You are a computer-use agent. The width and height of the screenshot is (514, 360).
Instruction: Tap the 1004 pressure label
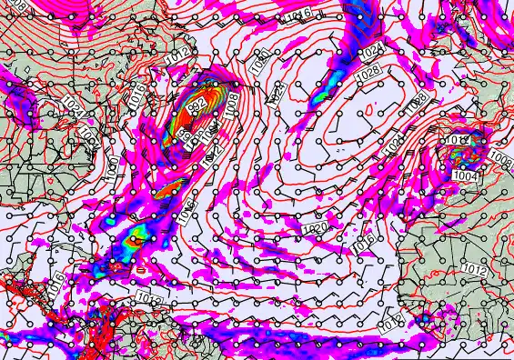coord(464,175)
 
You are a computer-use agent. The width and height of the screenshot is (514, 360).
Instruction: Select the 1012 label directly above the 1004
coord(457,139)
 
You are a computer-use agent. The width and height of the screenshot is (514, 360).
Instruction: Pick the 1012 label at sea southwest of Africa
coord(391,320)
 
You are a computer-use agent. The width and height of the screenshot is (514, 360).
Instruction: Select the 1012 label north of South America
coord(148,297)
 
